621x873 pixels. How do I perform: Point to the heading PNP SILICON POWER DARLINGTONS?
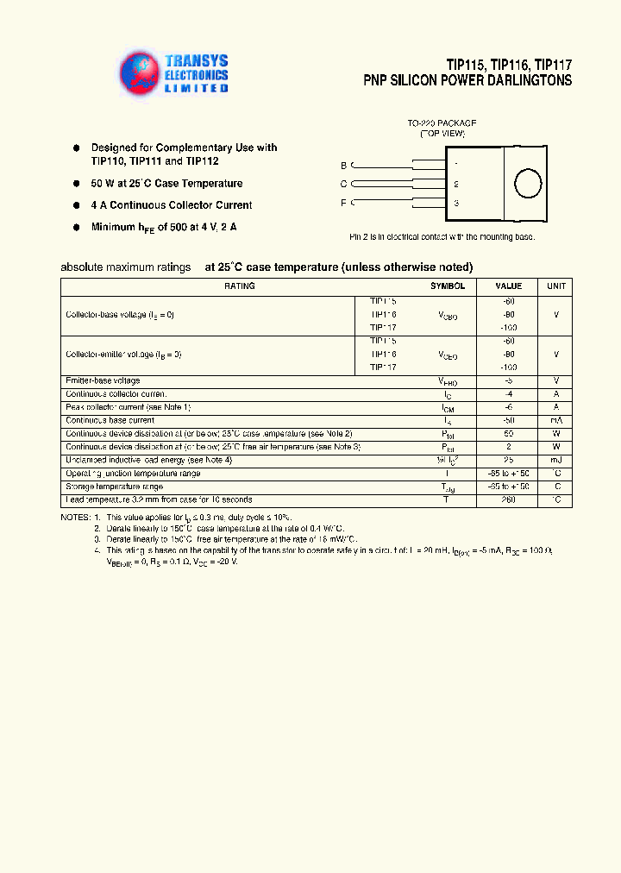click(467, 80)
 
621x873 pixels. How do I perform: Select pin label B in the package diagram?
click(343, 165)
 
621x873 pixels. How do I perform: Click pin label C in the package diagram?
click(343, 184)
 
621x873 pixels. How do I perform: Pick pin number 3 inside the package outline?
click(455, 204)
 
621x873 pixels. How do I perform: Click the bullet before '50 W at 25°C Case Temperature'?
click(76, 184)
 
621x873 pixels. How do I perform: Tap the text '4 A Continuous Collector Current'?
click(172, 205)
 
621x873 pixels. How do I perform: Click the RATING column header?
click(239, 286)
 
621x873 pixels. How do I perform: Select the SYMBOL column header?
click(448, 286)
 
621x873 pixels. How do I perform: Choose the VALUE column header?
click(508, 286)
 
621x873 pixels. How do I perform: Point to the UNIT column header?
click(555, 286)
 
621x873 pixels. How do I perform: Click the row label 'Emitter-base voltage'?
click(103, 380)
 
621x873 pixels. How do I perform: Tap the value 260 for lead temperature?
click(508, 500)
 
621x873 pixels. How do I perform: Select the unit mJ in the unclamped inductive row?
click(555, 461)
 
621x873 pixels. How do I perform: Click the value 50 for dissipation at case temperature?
click(508, 434)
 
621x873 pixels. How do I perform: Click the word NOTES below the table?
click(74, 516)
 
